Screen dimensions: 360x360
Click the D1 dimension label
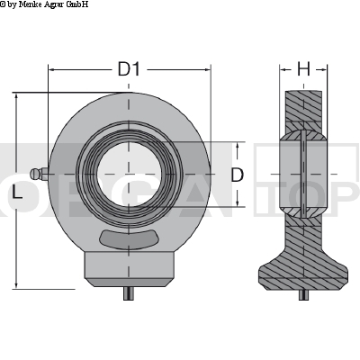coord(130,68)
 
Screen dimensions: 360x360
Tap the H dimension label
coord(303,68)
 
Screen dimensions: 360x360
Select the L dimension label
coord(17,193)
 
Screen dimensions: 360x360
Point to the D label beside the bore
coord(237,175)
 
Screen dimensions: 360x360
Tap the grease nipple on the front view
coord(37,174)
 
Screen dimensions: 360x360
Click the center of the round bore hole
coord(130,173)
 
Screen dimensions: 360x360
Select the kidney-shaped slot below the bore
coord(130,238)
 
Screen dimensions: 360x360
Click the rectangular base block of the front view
coord(130,267)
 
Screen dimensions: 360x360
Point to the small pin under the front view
coord(130,292)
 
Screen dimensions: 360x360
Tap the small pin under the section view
coord(303,292)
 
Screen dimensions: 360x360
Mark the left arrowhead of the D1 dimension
coord(52,69)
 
